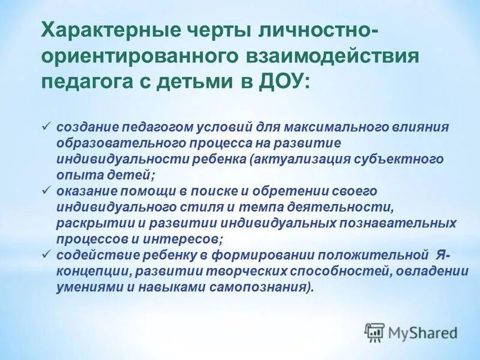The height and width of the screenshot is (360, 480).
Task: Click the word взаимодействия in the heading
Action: point(332,55)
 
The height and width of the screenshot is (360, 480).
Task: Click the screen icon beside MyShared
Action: point(374,332)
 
